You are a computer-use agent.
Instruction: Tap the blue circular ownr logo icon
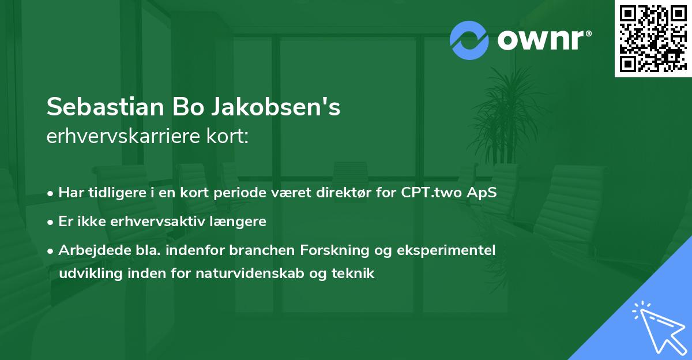click(x=469, y=40)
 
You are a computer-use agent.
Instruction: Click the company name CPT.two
click(x=441, y=192)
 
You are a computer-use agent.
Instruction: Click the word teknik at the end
click(x=355, y=273)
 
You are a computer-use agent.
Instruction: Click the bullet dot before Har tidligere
click(x=51, y=193)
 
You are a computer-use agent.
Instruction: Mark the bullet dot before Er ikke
click(x=51, y=222)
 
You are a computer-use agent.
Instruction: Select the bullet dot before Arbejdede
click(x=51, y=250)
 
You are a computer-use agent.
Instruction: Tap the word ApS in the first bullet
click(x=482, y=192)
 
